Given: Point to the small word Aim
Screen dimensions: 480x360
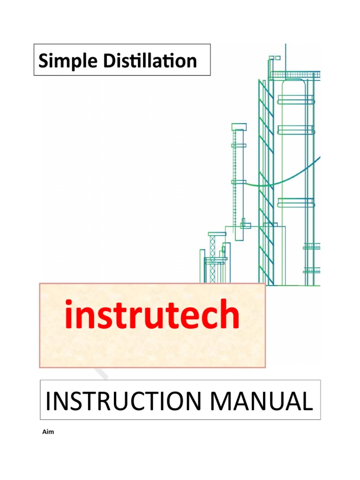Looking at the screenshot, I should [48, 432].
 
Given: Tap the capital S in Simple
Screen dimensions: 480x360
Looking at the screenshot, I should [44, 61].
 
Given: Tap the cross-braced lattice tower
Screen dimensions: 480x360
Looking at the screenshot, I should [212, 258].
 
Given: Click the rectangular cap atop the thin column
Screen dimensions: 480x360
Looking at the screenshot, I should [239, 126].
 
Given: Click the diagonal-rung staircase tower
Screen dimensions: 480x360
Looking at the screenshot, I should [266, 183].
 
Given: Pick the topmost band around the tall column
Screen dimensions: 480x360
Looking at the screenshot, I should [295, 99].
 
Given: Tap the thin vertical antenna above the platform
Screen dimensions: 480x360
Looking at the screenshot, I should [285, 56].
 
